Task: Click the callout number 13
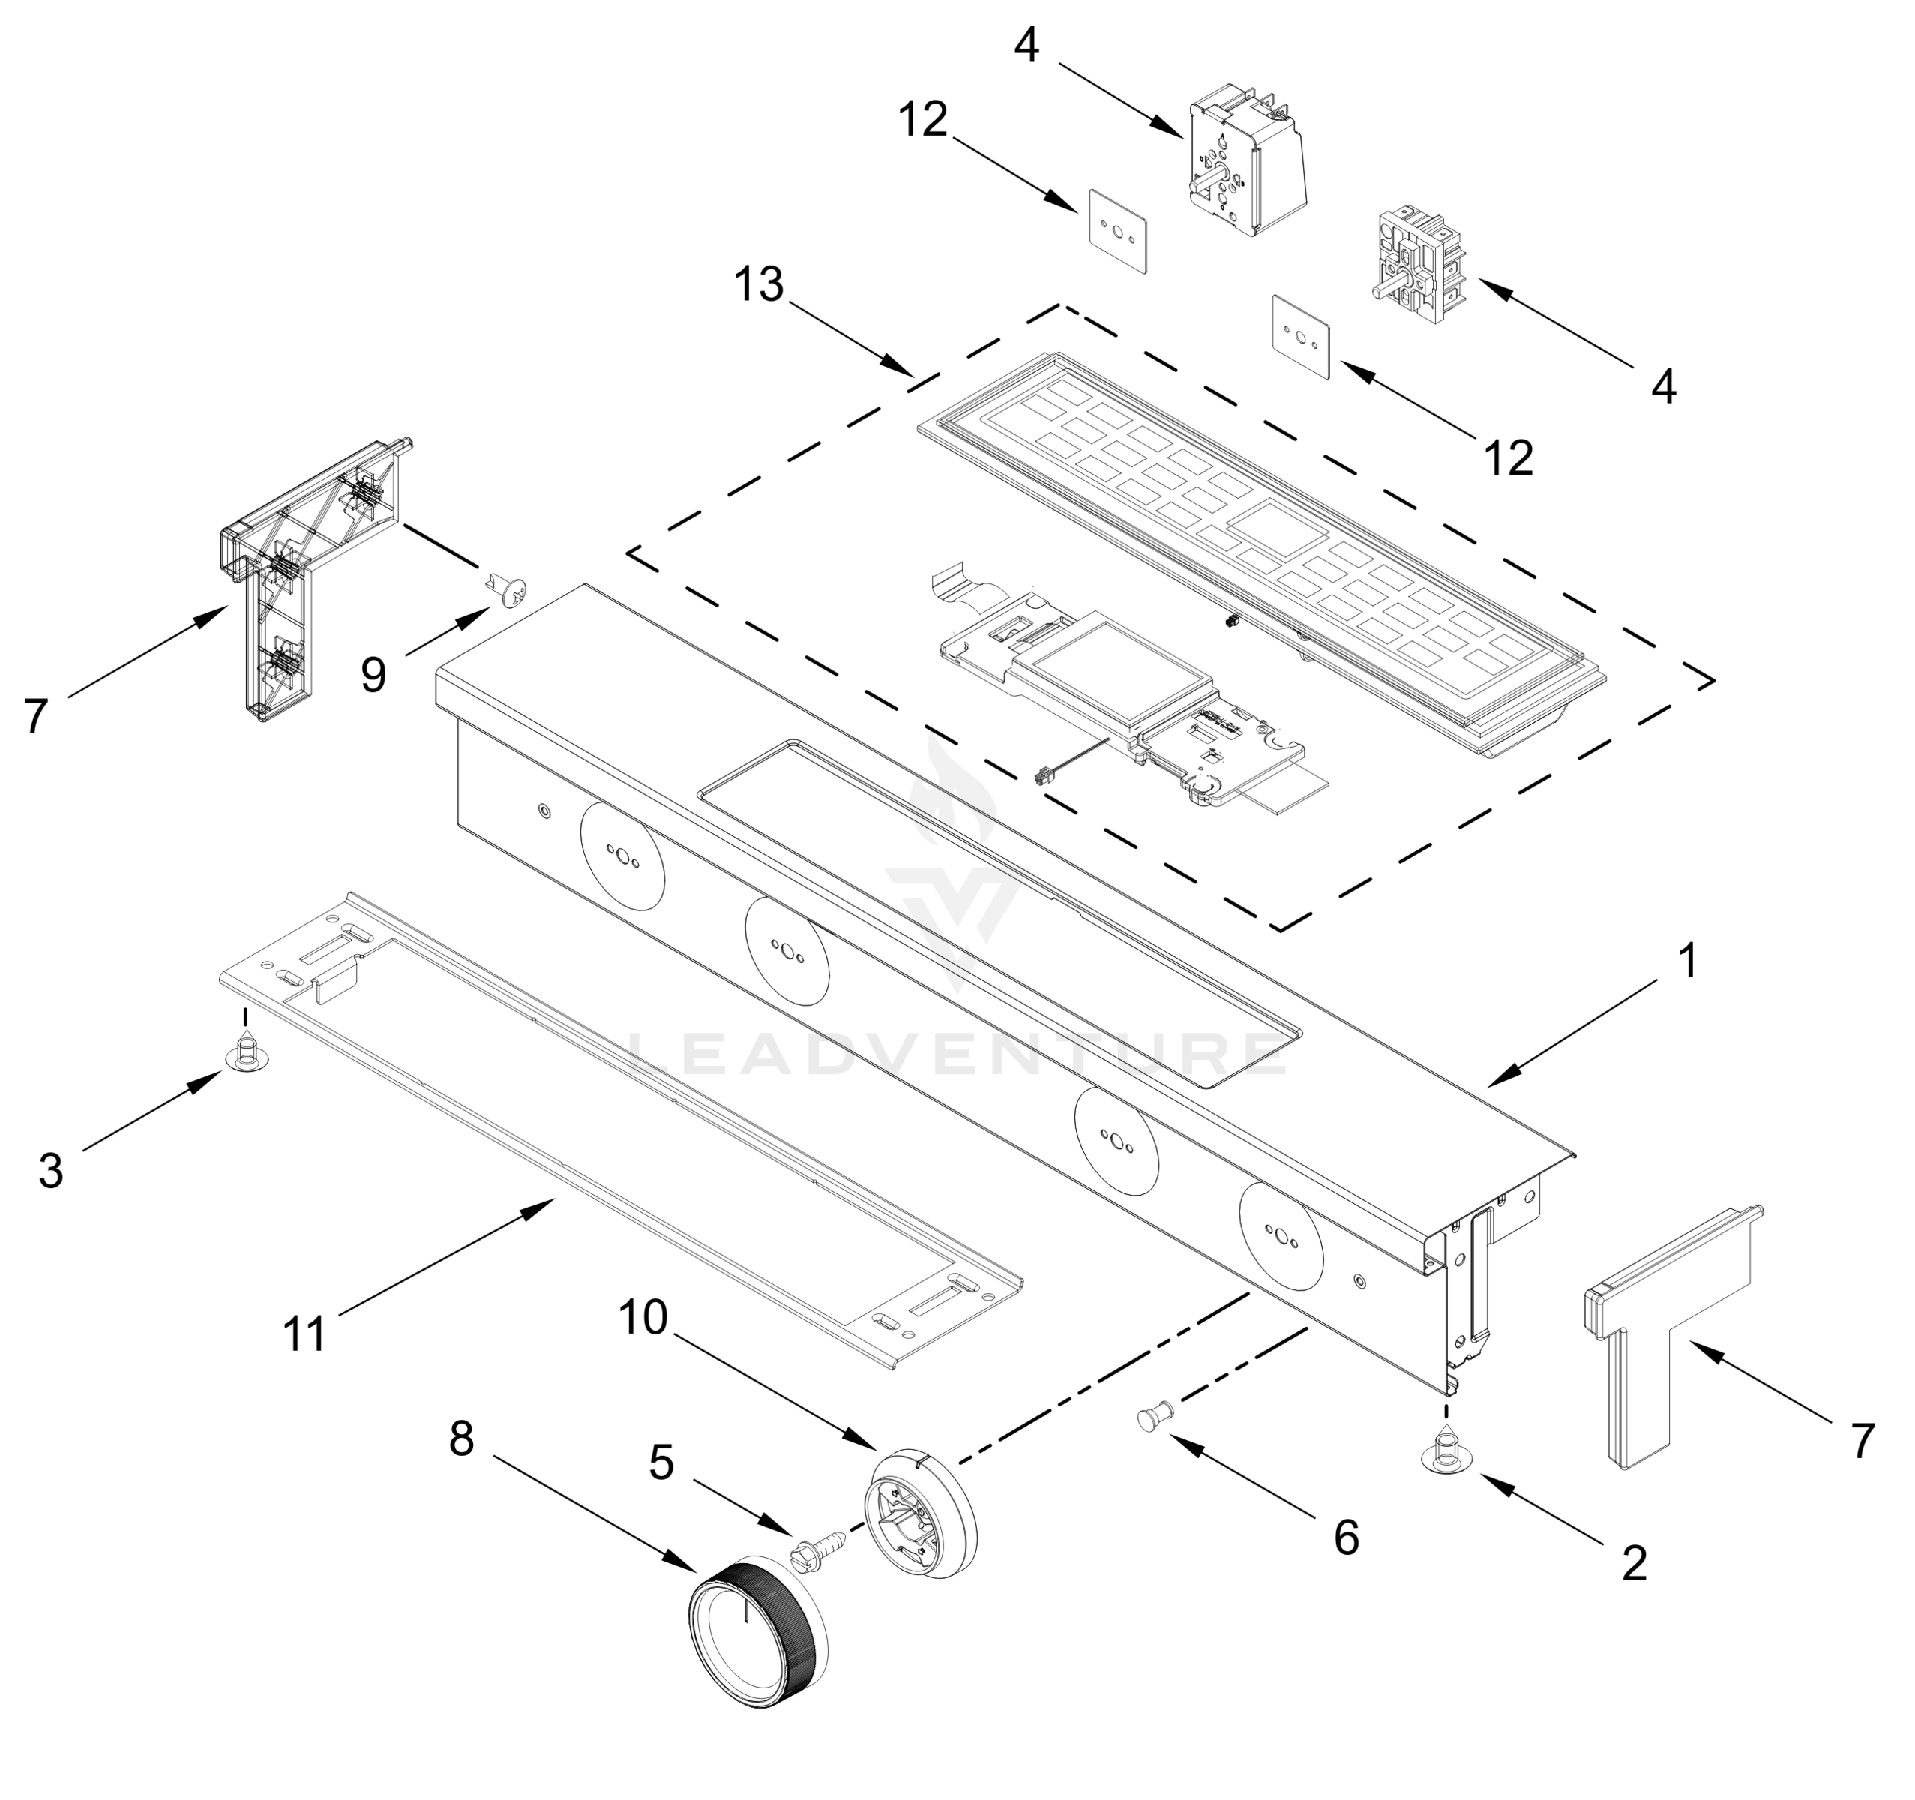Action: [x=759, y=284]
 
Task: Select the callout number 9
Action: [x=373, y=674]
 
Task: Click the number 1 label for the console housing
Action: [x=1687, y=961]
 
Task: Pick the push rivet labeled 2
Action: [x=1445, y=1456]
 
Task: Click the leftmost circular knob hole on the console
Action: [x=622, y=855]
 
